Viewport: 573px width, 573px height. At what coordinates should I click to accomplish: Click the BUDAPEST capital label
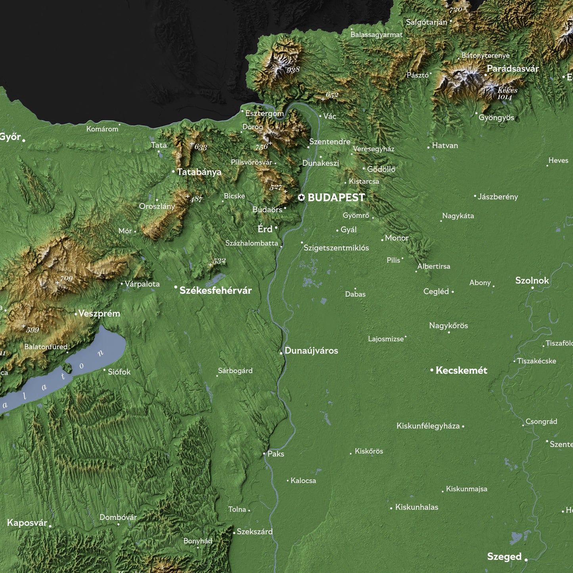tap(336, 197)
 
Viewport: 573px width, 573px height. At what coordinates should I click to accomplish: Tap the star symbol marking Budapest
tap(301, 197)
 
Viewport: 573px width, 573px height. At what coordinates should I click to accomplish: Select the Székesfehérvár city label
tap(215, 291)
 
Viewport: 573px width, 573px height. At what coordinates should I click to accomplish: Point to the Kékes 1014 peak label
tap(507, 94)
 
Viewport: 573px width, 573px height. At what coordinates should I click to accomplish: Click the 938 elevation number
tap(293, 70)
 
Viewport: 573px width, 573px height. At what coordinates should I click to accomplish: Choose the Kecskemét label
tap(461, 370)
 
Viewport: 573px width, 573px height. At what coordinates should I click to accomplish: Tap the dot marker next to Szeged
tap(526, 560)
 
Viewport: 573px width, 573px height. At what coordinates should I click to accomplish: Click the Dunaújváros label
tap(311, 351)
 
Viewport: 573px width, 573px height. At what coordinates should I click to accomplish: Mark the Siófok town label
tap(119, 372)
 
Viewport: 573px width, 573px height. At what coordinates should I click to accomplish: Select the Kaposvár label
tap(27, 523)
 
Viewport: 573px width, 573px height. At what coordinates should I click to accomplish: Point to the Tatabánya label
tap(199, 172)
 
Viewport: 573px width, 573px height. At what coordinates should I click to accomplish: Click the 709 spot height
tap(66, 279)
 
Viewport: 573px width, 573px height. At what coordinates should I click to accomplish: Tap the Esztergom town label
tap(264, 113)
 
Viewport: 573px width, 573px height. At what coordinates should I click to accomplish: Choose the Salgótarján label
tap(426, 22)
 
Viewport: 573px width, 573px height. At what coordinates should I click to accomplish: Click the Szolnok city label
tap(532, 281)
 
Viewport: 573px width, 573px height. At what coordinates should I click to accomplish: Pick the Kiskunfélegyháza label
tap(428, 426)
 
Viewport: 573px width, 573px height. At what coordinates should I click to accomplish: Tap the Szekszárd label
tap(255, 532)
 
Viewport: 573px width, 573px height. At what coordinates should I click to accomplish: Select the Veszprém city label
tap(99, 314)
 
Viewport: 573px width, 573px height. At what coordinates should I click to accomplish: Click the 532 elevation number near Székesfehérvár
tap(219, 261)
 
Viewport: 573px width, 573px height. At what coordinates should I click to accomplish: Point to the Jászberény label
tap(498, 197)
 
